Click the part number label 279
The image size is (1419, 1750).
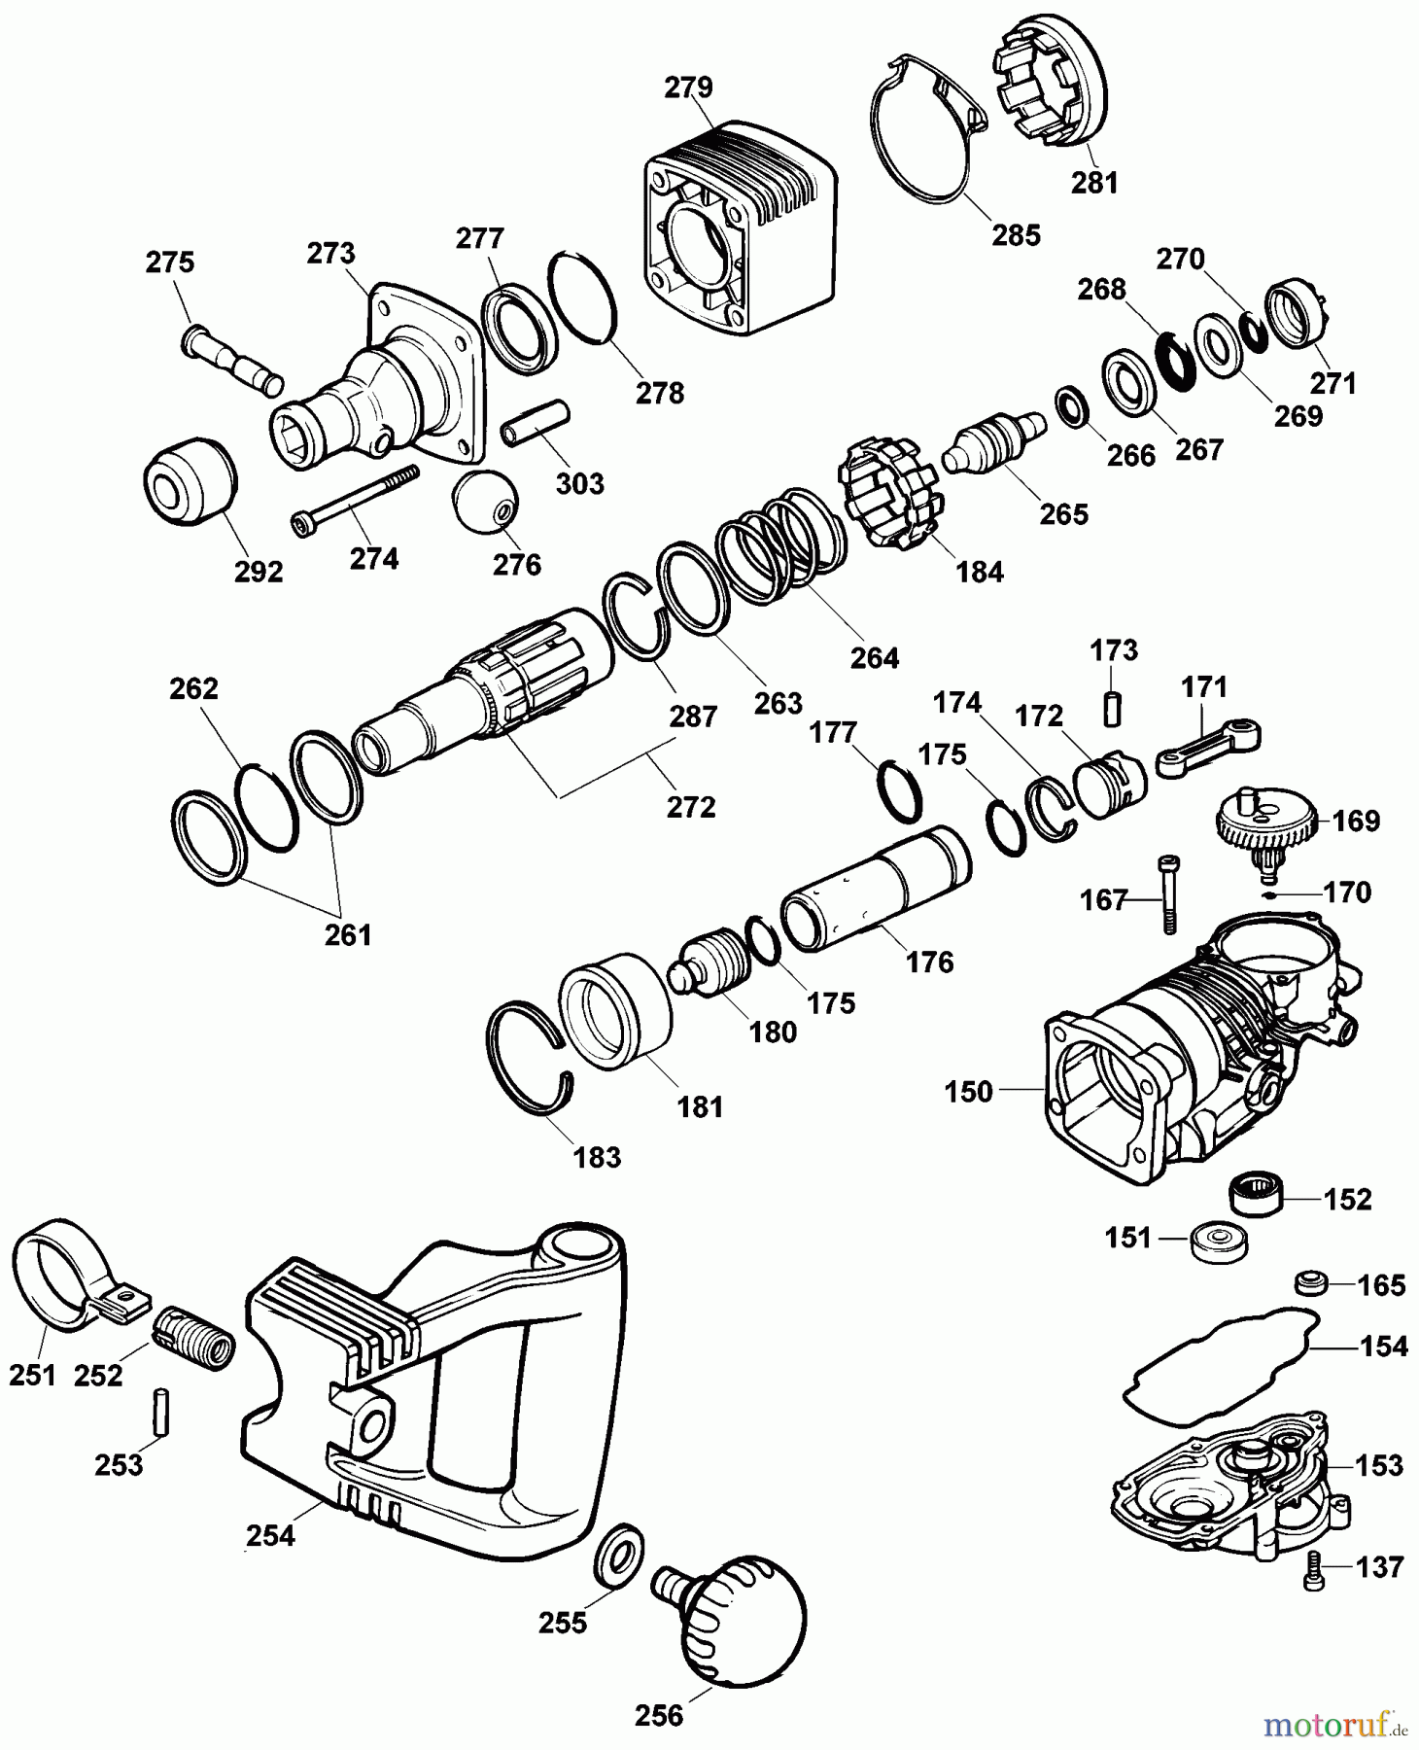coord(688,87)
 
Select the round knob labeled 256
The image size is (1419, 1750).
coord(748,1617)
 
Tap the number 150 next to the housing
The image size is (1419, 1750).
coord(968,1091)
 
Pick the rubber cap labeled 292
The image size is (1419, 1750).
coord(190,482)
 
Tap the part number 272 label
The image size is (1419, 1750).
coord(691,806)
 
